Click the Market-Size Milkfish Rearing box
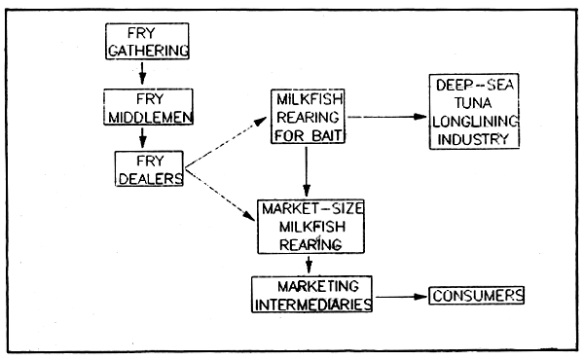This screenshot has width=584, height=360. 309,228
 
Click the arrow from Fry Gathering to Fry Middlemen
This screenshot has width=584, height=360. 143,72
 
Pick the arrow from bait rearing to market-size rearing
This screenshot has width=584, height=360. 308,175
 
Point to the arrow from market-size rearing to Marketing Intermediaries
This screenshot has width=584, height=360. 310,265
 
